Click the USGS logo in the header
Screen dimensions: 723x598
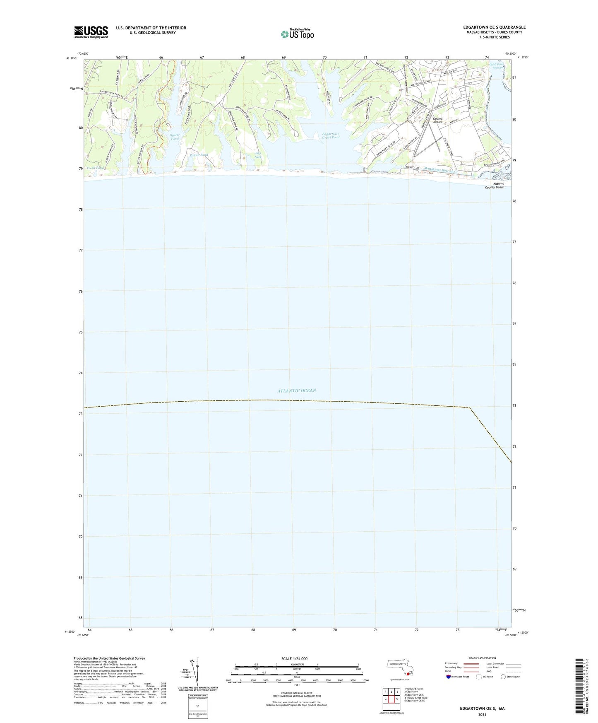coord(91,32)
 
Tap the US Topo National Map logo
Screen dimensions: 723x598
coord(297,34)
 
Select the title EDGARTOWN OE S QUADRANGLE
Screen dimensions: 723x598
coord(494,27)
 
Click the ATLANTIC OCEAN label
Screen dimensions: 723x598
coord(296,390)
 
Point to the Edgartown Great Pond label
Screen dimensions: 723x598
coord(331,136)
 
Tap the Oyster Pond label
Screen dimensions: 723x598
coord(175,137)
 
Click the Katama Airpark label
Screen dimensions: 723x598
coord(437,120)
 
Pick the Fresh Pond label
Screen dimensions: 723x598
coord(95,168)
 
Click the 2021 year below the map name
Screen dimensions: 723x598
coord(482,715)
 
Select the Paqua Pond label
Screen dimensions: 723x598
coord(199,155)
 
